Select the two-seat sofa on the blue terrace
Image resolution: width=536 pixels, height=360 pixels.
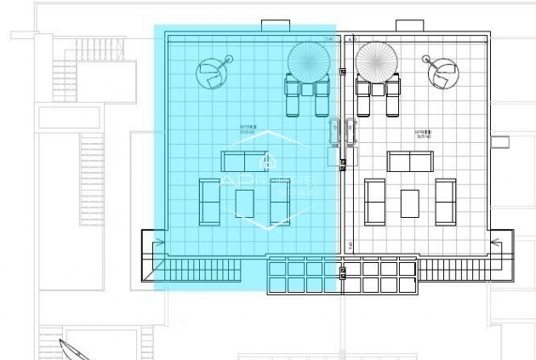243,162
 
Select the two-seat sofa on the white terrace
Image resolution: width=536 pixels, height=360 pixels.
410,162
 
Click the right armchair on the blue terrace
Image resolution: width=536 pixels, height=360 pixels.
280,202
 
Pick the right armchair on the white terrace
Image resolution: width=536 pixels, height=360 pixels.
445,202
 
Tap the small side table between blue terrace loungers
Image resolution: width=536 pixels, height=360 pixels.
306,88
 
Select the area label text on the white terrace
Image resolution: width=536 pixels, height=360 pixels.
423,133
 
